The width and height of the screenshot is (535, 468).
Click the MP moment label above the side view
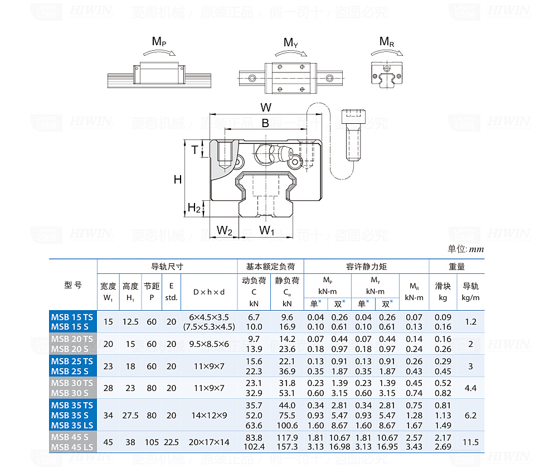pos(159,41)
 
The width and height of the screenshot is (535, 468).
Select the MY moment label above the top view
pos(291,43)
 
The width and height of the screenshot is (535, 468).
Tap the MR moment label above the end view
pos(386,41)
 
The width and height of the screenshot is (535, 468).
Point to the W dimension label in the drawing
pos(266,107)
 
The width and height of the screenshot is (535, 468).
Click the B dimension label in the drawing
pos(265,123)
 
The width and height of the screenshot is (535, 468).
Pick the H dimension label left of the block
pos(177,179)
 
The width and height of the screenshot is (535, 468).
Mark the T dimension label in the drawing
pos(194,149)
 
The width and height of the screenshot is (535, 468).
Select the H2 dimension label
pos(194,208)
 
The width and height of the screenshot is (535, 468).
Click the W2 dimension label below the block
pos(225,230)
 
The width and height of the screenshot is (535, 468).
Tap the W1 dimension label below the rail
pos(267,230)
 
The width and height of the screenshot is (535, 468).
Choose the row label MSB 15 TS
pos(72,317)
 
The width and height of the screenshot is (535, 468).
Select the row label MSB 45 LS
pos(72,447)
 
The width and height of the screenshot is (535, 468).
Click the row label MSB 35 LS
pos(72,425)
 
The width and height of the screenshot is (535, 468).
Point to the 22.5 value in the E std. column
pos(171,442)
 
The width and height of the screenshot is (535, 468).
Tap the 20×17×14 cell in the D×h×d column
pos(209,442)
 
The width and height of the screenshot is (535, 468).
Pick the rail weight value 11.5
pos(470,442)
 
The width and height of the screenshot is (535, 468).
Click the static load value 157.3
pos(287,447)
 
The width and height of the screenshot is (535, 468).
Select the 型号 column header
pos(73,285)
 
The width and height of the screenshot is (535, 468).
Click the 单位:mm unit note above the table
pos(465,249)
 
